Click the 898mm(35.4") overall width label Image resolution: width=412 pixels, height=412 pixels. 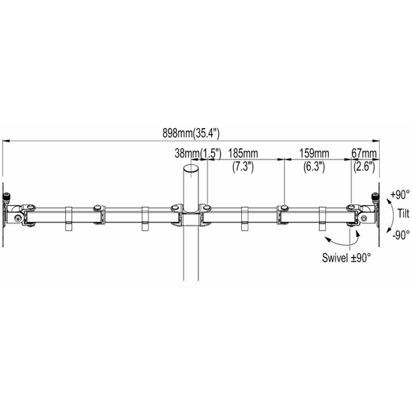point(191,134)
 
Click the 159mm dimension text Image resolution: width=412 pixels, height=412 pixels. point(315,153)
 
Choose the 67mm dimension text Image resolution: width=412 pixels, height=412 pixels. point(365,153)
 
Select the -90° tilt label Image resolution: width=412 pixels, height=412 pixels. point(398,234)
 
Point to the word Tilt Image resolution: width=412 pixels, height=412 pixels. point(405,213)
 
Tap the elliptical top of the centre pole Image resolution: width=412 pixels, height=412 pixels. point(191,171)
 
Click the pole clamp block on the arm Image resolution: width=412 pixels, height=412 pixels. point(191,219)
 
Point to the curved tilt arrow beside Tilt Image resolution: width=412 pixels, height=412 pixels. point(390,213)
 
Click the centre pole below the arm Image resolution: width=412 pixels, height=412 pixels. point(191,255)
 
